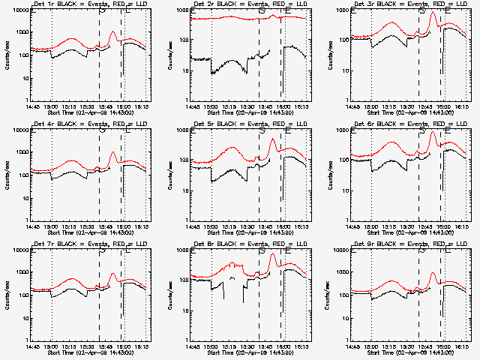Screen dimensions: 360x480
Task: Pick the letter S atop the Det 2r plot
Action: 261,11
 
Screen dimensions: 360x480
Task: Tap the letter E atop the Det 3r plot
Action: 448,11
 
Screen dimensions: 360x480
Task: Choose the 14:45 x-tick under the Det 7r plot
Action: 31,346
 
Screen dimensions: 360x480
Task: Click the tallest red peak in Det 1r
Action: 112,33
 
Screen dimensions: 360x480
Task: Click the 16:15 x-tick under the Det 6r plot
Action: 461,226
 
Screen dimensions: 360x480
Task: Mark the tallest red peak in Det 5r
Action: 273,139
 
